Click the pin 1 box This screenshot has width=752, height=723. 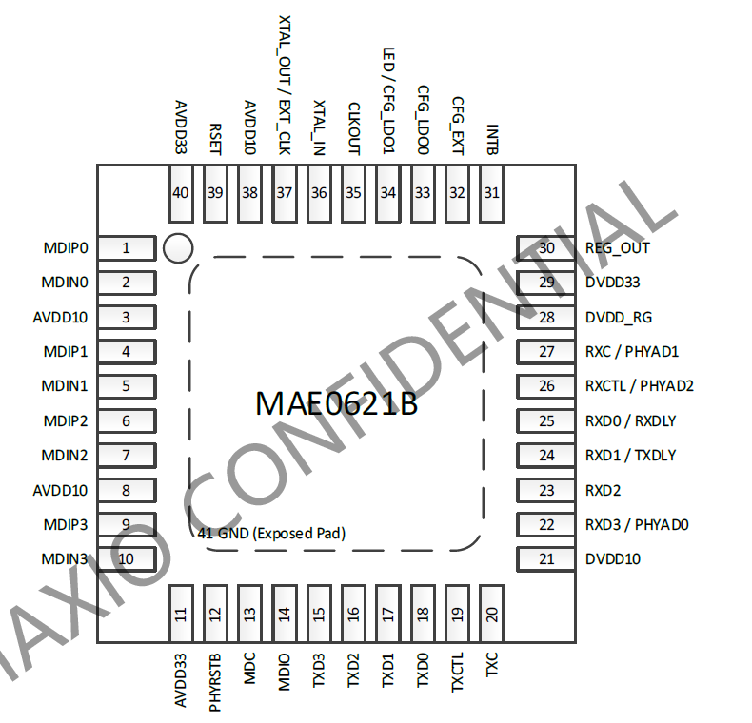tap(126, 248)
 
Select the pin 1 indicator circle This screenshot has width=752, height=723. tap(178, 248)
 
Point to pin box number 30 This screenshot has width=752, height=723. tap(546, 248)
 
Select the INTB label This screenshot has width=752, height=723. tap(492, 139)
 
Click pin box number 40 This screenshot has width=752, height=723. tap(180, 192)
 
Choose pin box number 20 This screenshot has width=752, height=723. tap(491, 615)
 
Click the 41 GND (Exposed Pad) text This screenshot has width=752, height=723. tap(271, 534)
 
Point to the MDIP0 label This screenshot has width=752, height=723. tap(66, 248)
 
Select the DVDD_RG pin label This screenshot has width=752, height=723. tap(619, 317)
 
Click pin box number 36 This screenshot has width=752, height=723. tap(319, 192)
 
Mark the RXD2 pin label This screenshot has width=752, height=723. tap(604, 490)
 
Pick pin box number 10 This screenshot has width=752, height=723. tap(126, 558)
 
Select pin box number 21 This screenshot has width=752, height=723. tap(546, 558)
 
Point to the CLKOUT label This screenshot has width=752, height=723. tap(354, 127)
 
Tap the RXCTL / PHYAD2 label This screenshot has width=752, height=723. tap(640, 386)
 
